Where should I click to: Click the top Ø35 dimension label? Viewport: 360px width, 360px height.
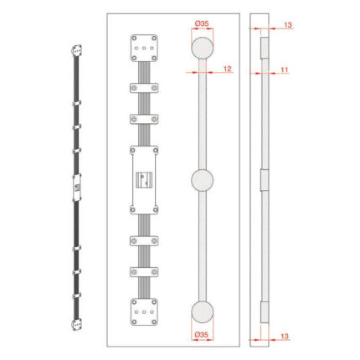pyautogui.click(x=202, y=23)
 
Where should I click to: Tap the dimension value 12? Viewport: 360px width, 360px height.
pyautogui.click(x=228, y=69)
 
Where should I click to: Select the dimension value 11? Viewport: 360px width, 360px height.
pyautogui.click(x=284, y=69)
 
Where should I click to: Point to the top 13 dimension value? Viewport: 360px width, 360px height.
pyautogui.click(x=288, y=25)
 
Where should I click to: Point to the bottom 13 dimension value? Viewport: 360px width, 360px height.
pyautogui.click(x=284, y=337)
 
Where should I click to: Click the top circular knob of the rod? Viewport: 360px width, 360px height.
pyautogui.click(x=203, y=48)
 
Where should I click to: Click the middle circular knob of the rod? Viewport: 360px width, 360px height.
pyautogui.click(x=203, y=180)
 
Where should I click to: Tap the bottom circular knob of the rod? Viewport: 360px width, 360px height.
pyautogui.click(x=203, y=312)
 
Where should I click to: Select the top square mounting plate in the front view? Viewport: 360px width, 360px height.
pyautogui.click(x=144, y=48)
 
